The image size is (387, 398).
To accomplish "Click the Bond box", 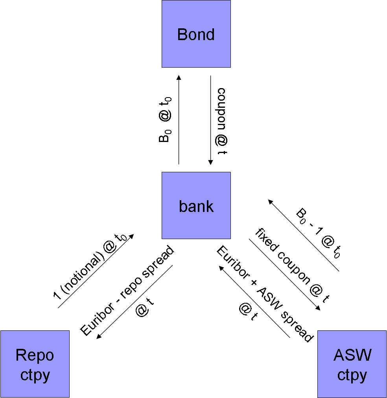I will pyautogui.click(x=196, y=34).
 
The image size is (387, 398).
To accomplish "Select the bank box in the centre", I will pyautogui.click(x=196, y=205).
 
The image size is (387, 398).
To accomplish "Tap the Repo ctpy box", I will pyautogui.click(x=35, y=364).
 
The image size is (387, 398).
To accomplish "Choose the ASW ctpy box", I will pyautogui.click(x=352, y=364).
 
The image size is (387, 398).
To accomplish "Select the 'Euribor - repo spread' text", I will pyautogui.click(x=127, y=290).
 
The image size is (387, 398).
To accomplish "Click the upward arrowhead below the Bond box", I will pyautogui.click(x=179, y=77).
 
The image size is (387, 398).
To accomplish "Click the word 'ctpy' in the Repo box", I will pyautogui.click(x=35, y=375).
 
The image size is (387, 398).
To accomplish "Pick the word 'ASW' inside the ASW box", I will pyautogui.click(x=352, y=355).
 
